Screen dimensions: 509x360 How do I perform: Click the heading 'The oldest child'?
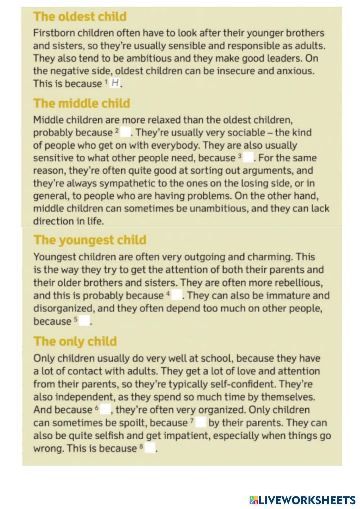click(80, 17)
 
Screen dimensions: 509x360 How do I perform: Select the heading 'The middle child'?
click(81, 104)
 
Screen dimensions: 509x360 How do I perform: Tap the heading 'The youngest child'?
click(90, 240)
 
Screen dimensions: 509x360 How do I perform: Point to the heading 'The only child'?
click(75, 341)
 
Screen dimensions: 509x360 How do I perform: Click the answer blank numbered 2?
click(125, 132)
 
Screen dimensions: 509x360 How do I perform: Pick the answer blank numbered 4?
click(176, 296)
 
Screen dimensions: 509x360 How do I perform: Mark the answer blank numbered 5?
click(84, 321)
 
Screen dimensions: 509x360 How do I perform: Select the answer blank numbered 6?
click(105, 410)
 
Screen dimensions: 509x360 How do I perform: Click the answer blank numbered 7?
click(201, 423)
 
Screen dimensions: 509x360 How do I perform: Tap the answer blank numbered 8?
click(150, 449)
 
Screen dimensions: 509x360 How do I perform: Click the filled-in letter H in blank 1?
click(115, 83)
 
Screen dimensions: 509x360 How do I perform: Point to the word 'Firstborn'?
click(54, 33)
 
